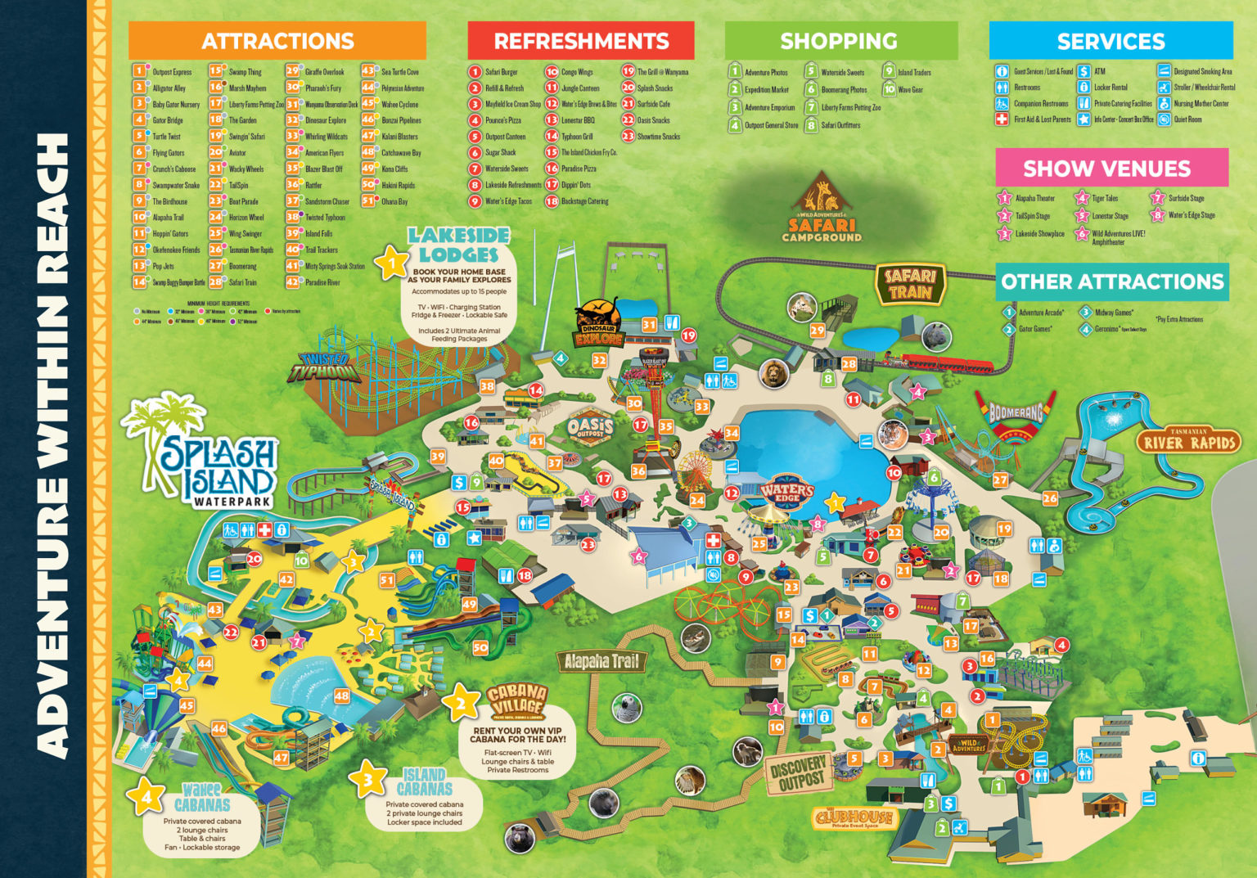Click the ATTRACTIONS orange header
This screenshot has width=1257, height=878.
pyautogui.click(x=277, y=41)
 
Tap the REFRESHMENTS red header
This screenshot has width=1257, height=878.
pyautogui.click(x=581, y=41)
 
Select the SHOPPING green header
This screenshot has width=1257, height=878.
pyautogui.click(x=840, y=41)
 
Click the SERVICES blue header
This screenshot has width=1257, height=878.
pyautogui.click(x=1111, y=41)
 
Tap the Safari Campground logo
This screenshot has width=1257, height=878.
pyautogui.click(x=822, y=210)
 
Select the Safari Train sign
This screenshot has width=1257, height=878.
pyautogui.click(x=910, y=284)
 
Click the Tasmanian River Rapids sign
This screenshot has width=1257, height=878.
pyautogui.click(x=1187, y=441)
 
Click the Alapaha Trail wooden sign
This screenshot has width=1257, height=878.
pyautogui.click(x=601, y=661)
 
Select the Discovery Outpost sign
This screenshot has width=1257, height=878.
pyautogui.click(x=799, y=773)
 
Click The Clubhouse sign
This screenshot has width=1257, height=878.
pyautogui.click(x=854, y=817)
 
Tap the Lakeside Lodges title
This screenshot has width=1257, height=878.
pyautogui.click(x=458, y=245)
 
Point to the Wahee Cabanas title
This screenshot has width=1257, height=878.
pyautogui.click(x=201, y=797)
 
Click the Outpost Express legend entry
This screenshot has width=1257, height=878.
pyautogui.click(x=171, y=72)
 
